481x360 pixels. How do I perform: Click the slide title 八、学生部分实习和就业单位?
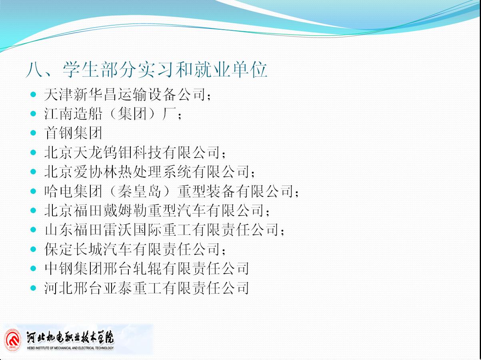pos(146,70)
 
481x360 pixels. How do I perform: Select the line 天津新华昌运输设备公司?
pos(128,94)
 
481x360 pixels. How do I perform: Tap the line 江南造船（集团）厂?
pos(113,114)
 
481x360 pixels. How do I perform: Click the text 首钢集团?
pos(73,133)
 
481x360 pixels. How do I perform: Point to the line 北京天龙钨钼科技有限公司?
pos(135,152)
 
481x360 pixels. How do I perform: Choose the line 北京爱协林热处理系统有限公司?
pos(150,172)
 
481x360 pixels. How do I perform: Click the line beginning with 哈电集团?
pos(172,191)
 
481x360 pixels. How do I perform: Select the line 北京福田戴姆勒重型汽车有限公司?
pos(157,210)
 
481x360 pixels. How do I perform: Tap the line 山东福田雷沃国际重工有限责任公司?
pos(164,230)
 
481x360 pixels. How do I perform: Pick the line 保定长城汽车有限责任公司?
pos(135,249)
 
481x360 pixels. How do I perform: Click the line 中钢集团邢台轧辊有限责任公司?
pos(147,268)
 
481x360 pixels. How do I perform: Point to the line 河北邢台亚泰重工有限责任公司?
pos(147,288)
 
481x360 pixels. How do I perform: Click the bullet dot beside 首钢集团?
pos(33,133)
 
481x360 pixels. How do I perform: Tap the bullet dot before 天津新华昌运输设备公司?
pos(33,94)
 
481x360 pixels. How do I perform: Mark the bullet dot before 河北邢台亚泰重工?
pos(33,288)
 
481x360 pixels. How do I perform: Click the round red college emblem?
pos(13,341)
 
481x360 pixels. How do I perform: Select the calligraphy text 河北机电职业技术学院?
pos(70,337)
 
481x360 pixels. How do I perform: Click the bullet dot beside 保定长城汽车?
pos(33,249)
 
